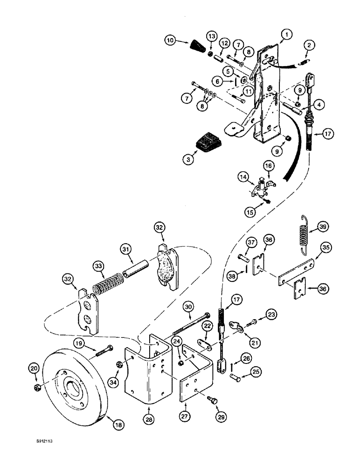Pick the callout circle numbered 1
(x=287, y=34)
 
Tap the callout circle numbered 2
(x=308, y=45)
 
